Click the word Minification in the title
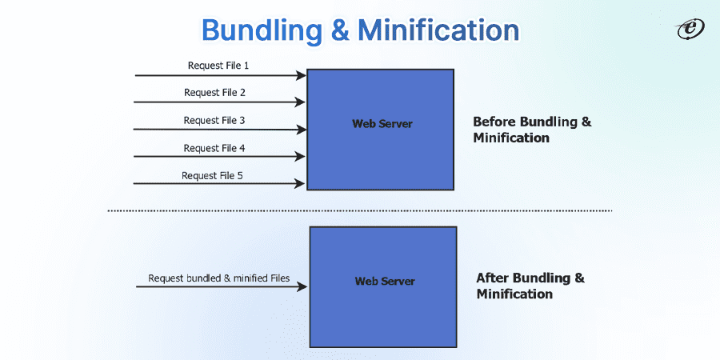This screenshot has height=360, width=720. pos(438,30)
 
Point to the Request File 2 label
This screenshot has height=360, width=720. pos(214,92)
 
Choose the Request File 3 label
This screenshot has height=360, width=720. pos(214,120)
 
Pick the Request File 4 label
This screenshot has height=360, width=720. pos(214,148)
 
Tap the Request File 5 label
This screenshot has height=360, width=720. pos(212,175)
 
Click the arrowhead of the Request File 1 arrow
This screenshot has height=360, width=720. pos(302,75)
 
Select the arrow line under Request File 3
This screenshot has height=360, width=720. pos(216,129)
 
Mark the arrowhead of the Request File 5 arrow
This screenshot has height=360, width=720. pos(302,183)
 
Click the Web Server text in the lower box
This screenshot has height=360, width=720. pos(385,282)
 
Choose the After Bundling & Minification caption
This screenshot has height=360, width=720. pos(530,286)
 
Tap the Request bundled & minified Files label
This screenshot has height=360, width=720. pos(218,279)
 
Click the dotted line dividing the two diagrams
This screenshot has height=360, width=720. pos(360,210)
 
